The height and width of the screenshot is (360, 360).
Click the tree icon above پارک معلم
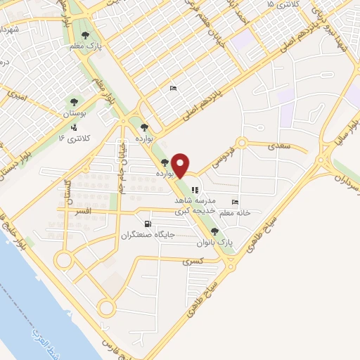point(86,34)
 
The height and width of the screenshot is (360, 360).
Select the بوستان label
point(75,112)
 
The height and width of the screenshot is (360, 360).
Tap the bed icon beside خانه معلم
point(234,202)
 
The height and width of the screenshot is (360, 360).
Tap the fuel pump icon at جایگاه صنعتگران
point(147,224)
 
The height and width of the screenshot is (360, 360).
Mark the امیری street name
point(15,92)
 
